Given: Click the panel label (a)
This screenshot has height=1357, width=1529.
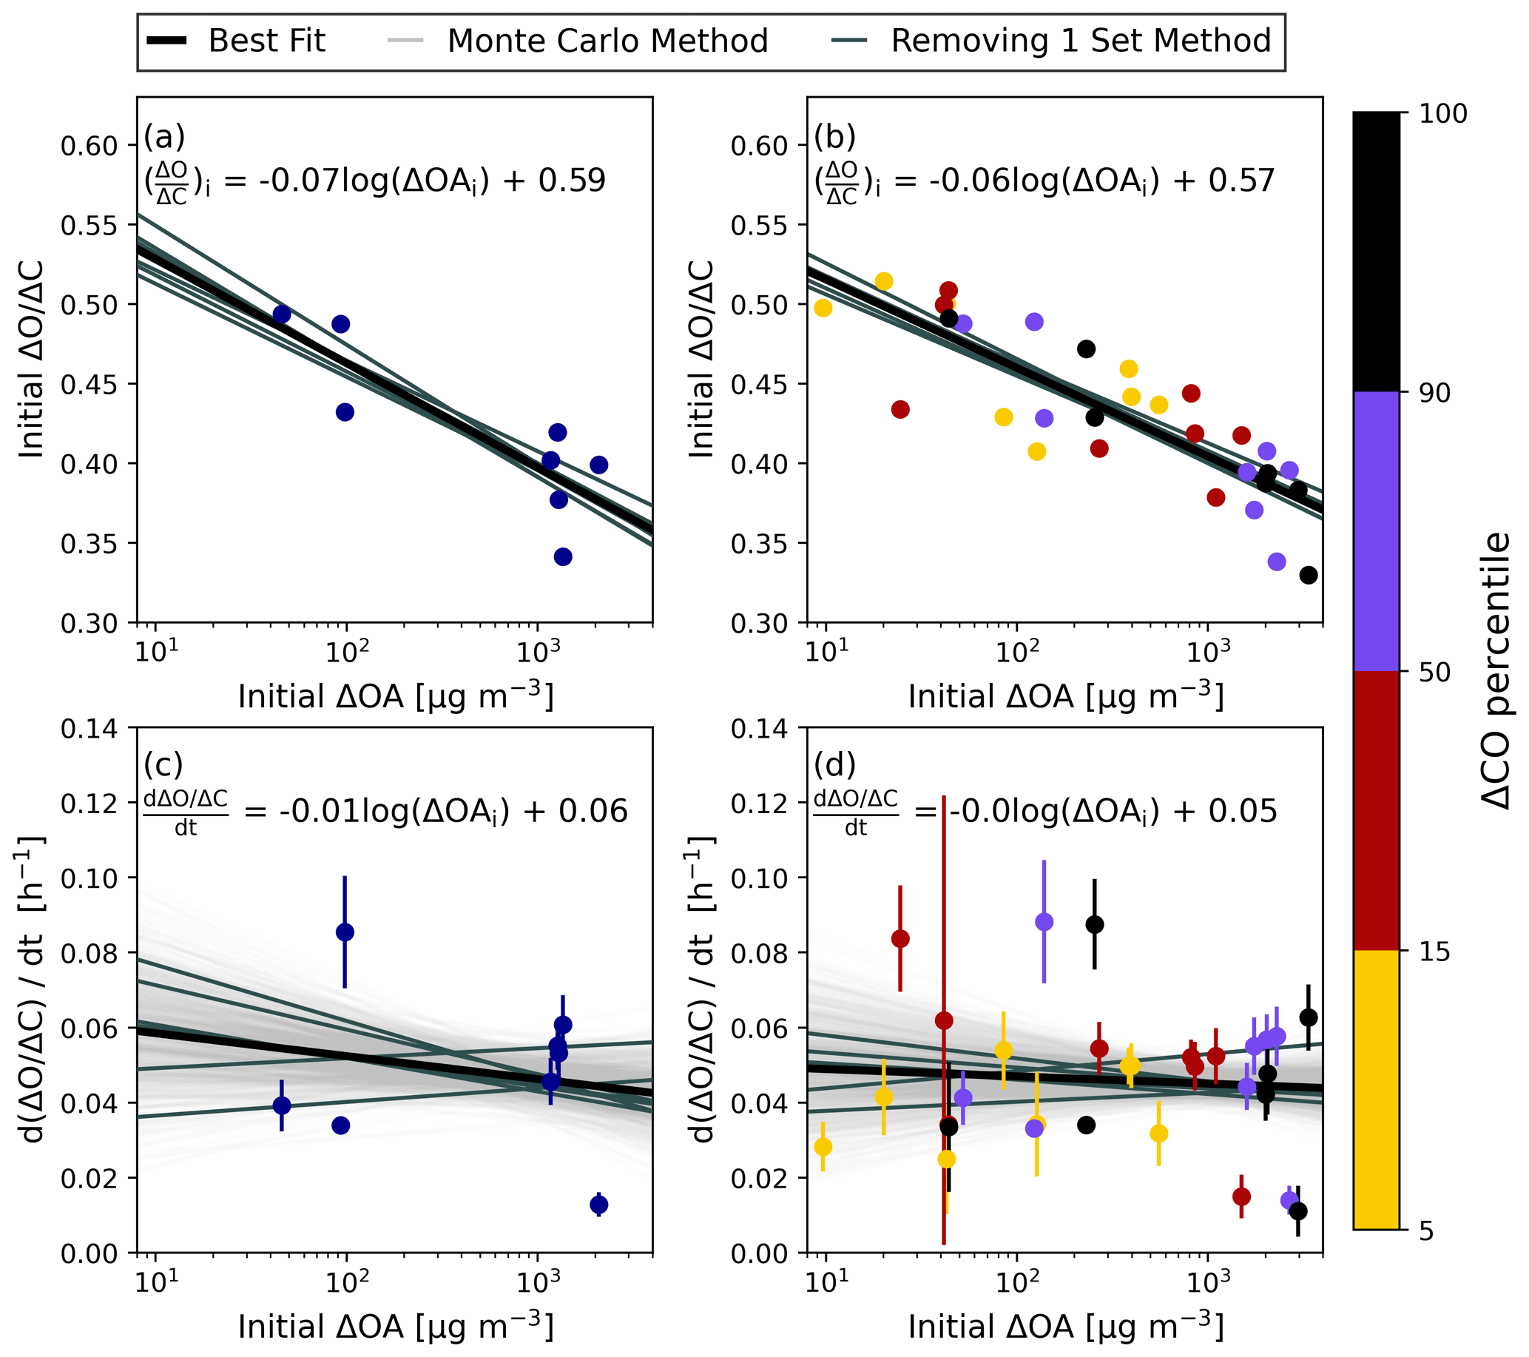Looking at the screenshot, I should (164, 137).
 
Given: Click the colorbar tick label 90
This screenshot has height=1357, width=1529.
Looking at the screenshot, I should (1434, 393).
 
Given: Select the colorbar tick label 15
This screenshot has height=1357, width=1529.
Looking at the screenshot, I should (1434, 952).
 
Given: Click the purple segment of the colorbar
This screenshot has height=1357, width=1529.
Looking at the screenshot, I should (1376, 531).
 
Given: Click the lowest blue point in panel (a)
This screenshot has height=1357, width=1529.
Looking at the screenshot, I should (563, 556).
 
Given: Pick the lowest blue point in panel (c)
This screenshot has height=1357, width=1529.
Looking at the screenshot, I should (599, 1205).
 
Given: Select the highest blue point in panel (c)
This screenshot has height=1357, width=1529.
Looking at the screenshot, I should (345, 932).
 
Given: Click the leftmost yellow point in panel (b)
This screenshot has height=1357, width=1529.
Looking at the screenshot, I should (823, 309).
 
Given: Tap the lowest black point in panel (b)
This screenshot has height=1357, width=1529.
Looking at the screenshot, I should (1309, 575).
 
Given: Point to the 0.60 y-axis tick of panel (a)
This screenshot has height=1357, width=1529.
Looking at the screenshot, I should (89, 146).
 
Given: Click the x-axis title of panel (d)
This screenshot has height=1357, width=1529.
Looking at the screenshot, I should (1066, 1327).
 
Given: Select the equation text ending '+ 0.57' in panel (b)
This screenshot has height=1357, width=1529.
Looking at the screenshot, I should (1044, 182).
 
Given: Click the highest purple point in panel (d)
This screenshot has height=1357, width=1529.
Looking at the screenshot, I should (1044, 922).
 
